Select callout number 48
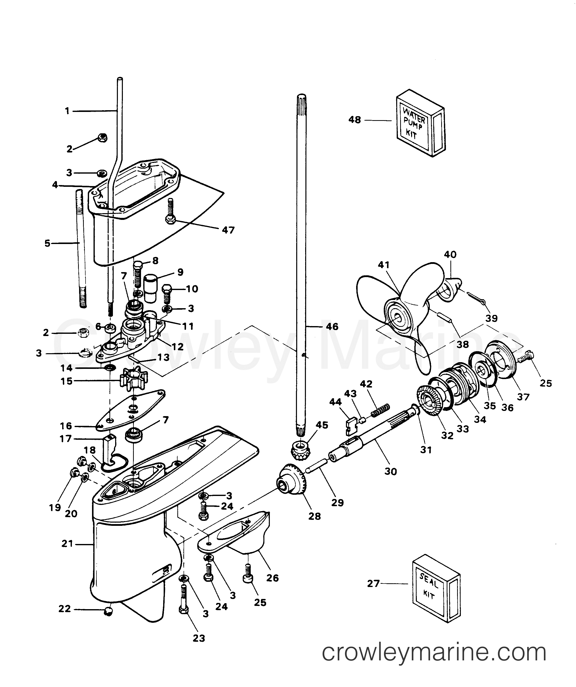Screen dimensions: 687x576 pyautogui.click(x=355, y=120)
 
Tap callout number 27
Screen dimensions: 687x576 pyautogui.click(x=373, y=583)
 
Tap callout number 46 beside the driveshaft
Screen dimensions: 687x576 pyautogui.click(x=332, y=327)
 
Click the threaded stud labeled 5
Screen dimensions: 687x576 pyautogui.click(x=82, y=249)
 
